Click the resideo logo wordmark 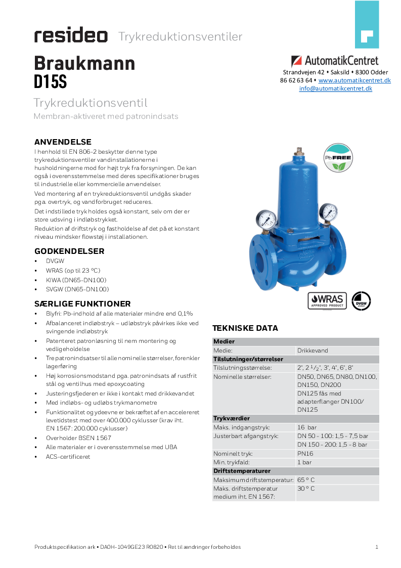pos(71,36)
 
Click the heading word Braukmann pos(84,63)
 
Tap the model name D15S pos(50,81)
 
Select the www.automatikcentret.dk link pos(354,80)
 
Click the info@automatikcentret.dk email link pos(335,88)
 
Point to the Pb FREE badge pos(338,157)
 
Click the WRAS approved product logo pos(327,300)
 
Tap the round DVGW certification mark pos(361,300)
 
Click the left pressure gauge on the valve pos(266,219)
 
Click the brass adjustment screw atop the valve pos(299,151)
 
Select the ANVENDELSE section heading pos(63,142)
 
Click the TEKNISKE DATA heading pos(245,328)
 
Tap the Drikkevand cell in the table pos(313,351)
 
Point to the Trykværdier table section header pos(231,419)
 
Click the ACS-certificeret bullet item pos(68,456)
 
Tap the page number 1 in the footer pos(377,547)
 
